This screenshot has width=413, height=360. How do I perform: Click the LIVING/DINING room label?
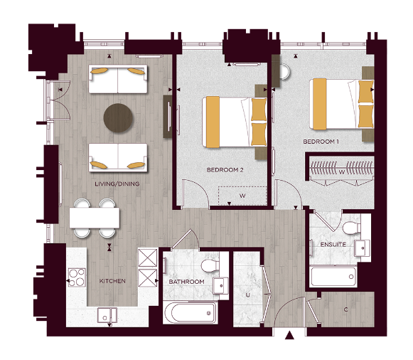(117, 184)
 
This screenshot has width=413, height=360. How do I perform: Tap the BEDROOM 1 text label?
(318, 142)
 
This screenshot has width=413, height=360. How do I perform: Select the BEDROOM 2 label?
(225, 170)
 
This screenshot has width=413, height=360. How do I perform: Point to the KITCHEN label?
(112, 281)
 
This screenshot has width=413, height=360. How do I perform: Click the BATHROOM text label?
(186, 282)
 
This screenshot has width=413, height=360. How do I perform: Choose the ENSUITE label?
(333, 245)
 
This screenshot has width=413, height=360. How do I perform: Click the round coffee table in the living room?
(118, 119)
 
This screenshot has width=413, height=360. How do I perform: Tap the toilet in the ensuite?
(349, 229)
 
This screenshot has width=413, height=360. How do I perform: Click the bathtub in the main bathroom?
(191, 312)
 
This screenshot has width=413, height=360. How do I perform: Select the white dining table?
(94, 218)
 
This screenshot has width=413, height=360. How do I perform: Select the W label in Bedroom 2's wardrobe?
(242, 195)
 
